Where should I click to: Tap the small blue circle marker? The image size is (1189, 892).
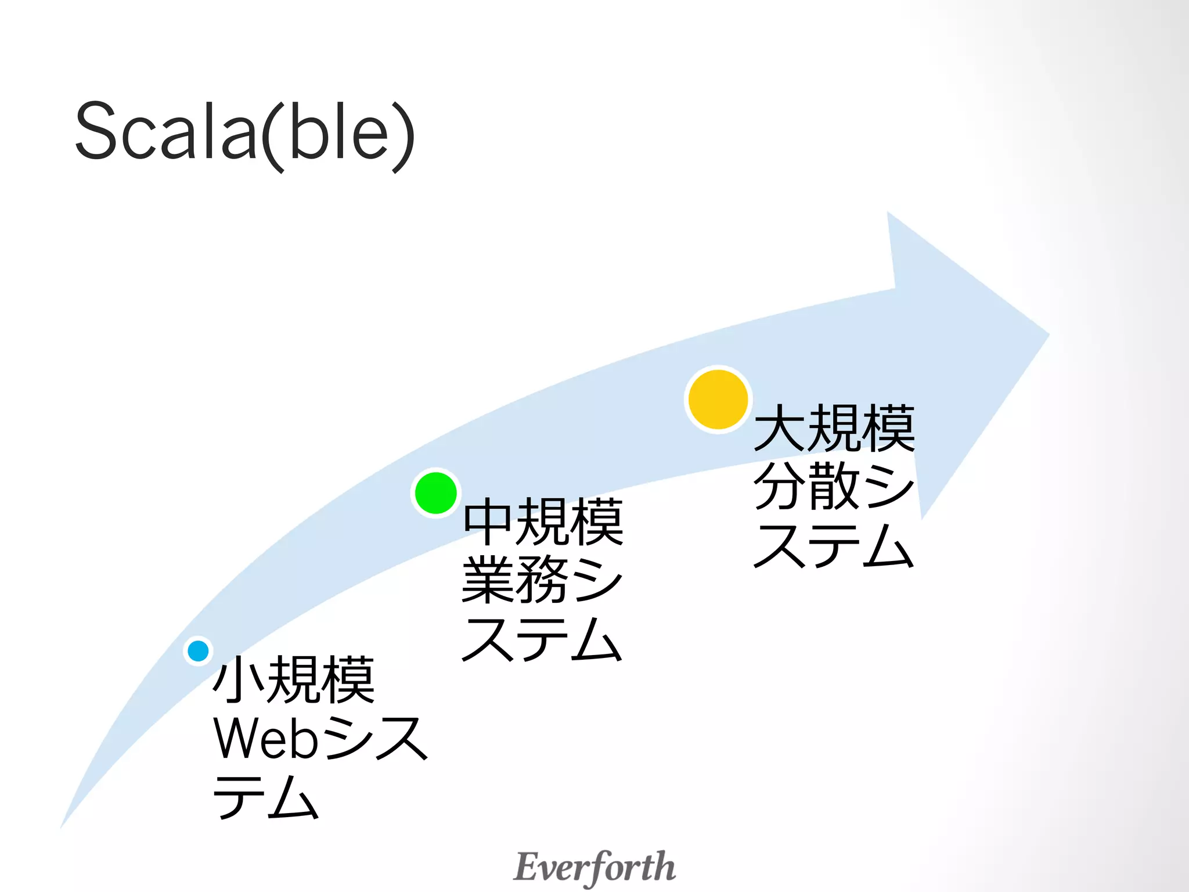click(199, 650)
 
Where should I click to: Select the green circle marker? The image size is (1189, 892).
click(435, 493)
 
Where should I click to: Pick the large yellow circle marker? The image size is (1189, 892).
click(718, 400)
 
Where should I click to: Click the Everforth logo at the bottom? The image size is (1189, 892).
click(594, 867)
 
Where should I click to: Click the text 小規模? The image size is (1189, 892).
click(294, 679)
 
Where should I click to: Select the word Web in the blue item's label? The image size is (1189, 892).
click(266, 739)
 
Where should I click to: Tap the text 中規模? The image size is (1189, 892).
click(543, 521)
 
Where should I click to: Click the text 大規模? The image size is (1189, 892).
click(834, 429)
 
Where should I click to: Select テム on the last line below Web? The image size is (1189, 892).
click(266, 797)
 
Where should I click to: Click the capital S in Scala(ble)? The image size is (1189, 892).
click(96, 131)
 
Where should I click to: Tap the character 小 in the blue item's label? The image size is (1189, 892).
click(239, 679)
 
